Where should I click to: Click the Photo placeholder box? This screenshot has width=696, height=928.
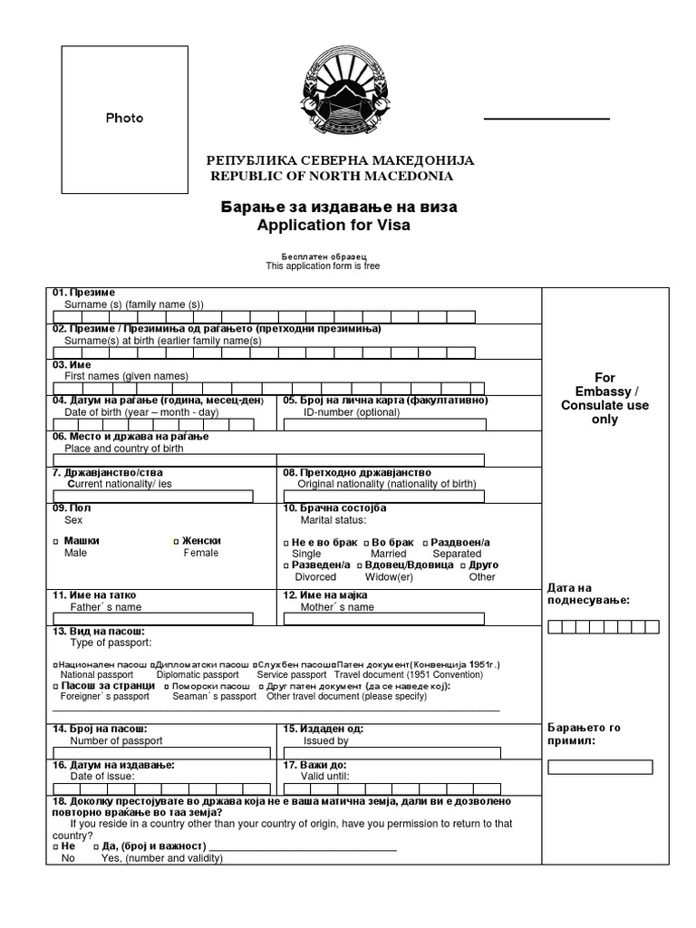(124, 117)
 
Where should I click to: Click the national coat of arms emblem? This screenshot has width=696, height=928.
(339, 95)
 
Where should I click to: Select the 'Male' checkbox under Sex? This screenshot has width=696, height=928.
(55, 541)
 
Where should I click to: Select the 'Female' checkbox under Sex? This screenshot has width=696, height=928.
(176, 541)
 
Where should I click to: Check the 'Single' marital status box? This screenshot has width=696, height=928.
(285, 542)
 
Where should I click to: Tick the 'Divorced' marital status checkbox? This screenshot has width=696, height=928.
(285, 565)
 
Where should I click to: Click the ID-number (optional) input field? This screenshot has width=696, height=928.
(384, 424)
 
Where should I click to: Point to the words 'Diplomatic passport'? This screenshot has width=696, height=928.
(198, 674)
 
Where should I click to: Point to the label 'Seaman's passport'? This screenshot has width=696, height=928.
(214, 697)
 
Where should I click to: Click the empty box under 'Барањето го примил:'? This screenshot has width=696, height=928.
(600, 767)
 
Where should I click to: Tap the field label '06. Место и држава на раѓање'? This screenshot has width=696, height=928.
(130, 436)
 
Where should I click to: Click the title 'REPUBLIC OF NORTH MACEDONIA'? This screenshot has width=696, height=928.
(332, 176)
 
